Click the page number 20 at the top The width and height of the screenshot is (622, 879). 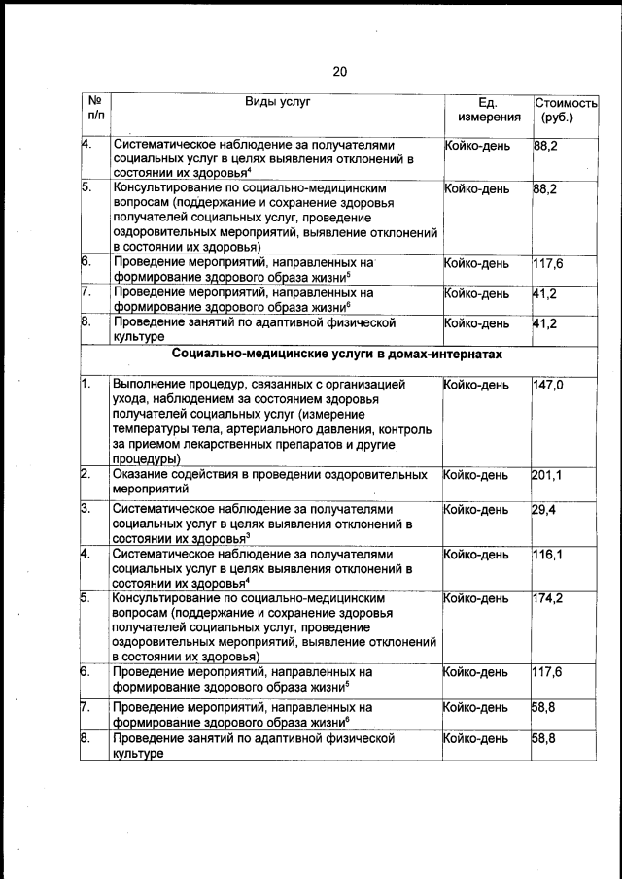click(339, 71)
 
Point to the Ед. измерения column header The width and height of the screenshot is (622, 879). click(489, 110)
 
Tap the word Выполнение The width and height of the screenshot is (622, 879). click(150, 386)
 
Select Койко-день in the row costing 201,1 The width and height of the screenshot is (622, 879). click(476, 475)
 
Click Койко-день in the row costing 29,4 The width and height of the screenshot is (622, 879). click(476, 509)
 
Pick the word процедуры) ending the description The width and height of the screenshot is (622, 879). click(147, 458)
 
